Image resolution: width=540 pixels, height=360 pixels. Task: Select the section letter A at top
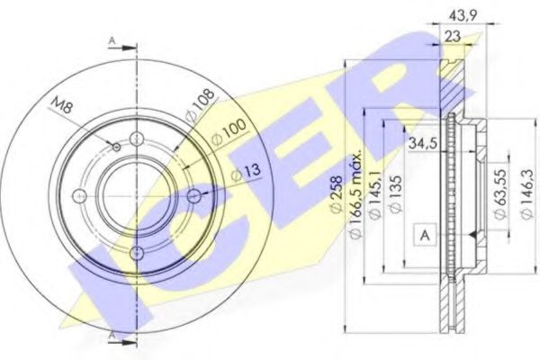(111, 40)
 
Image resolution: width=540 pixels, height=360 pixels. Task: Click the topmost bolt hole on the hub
(137, 139)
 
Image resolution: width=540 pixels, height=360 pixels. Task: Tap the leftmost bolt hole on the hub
(79, 196)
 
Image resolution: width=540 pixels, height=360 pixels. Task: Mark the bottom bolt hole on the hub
(137, 254)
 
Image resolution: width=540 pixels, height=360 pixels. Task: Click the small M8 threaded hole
(117, 145)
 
